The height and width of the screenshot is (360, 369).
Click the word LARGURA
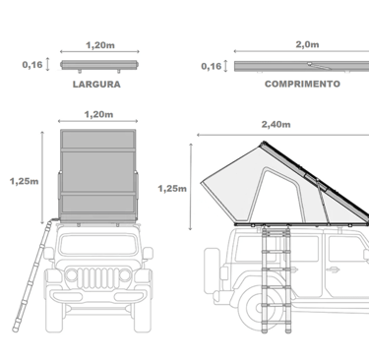[x=96, y=85]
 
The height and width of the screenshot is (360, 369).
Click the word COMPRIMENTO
[x=302, y=84]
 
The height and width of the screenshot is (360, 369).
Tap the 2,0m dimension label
[x=307, y=44]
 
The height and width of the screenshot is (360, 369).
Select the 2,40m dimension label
[x=276, y=124]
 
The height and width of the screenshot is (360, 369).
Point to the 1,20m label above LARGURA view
[x=100, y=45]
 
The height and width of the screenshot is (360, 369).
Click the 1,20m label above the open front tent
[x=98, y=114]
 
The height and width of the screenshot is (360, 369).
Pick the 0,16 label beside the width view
[x=32, y=65]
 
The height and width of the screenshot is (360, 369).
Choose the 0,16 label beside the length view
[x=212, y=66]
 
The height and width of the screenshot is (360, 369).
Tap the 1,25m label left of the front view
[x=24, y=181]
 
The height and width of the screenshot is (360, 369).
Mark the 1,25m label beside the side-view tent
[x=172, y=189]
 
